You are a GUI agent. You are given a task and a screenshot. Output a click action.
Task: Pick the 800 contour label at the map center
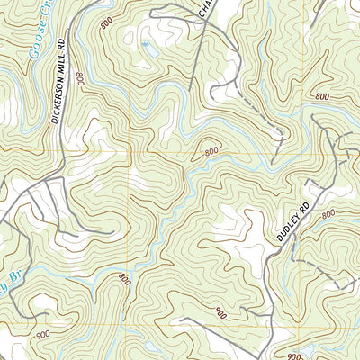click(211, 152)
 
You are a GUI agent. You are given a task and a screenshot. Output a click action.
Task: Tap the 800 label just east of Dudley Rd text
click(328, 214)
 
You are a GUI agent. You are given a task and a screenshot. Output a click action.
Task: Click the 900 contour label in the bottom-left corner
click(42, 334)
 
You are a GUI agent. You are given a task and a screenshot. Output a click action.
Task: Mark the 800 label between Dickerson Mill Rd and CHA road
click(108, 24)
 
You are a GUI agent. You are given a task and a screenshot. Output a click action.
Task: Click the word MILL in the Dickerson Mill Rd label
click(58, 69)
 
